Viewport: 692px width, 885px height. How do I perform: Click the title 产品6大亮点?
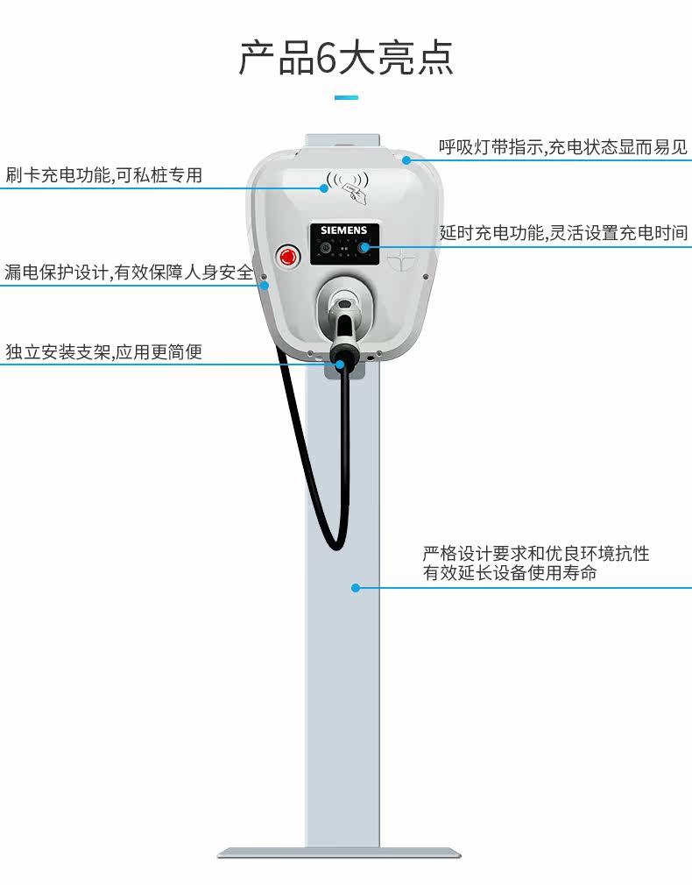click(346, 57)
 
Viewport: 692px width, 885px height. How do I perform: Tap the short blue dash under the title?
click(346, 97)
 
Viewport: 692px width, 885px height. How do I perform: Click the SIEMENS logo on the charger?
click(343, 230)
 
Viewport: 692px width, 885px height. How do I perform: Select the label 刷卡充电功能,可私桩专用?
click(104, 175)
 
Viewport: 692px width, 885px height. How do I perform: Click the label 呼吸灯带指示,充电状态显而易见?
click(563, 147)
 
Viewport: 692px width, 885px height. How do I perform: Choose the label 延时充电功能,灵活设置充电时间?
click(563, 232)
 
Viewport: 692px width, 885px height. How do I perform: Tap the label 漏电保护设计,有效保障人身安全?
click(130, 273)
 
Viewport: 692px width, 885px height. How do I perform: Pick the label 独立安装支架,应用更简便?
click(104, 351)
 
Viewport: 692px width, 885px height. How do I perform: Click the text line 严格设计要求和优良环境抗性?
click(536, 553)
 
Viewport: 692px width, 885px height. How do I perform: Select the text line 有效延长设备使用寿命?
click(510, 573)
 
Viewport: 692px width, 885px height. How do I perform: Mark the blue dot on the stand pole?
click(356, 588)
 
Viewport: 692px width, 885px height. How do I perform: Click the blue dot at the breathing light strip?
click(406, 160)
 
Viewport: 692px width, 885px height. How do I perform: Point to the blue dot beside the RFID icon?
click(324, 188)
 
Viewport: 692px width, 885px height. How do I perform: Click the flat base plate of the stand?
click(339, 853)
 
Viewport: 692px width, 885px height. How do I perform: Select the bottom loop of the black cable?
click(335, 543)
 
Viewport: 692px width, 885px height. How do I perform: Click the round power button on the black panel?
click(325, 247)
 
